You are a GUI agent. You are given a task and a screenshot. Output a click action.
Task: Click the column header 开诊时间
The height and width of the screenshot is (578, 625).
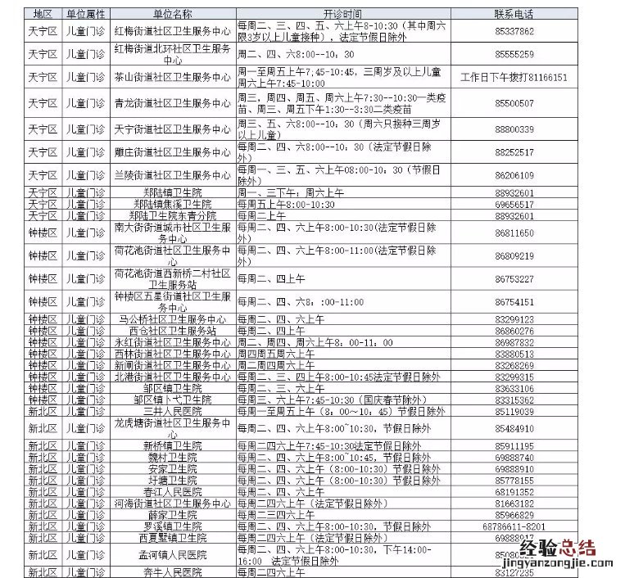pos(342,15)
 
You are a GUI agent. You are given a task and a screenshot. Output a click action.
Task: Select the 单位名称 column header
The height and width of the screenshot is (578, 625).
pos(172,15)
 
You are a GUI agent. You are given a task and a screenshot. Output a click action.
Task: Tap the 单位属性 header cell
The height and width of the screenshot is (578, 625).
pos(85,15)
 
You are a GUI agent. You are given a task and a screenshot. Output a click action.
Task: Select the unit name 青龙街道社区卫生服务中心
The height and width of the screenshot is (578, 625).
pos(172,104)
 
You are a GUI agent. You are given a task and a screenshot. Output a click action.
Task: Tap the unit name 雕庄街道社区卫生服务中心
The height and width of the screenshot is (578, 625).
pos(172,152)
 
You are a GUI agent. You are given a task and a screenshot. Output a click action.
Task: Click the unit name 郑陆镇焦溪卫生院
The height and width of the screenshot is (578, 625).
pos(172,204)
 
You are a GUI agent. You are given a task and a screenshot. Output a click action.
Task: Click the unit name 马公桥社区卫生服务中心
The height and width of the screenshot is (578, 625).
pos(172,319)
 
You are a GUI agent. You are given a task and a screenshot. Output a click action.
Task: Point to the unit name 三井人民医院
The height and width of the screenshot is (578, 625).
pos(172,411)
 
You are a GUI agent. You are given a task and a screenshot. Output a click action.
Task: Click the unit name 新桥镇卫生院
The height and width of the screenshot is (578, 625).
pos(172,446)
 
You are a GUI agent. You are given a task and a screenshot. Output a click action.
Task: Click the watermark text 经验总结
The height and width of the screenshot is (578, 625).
pos(564,547)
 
